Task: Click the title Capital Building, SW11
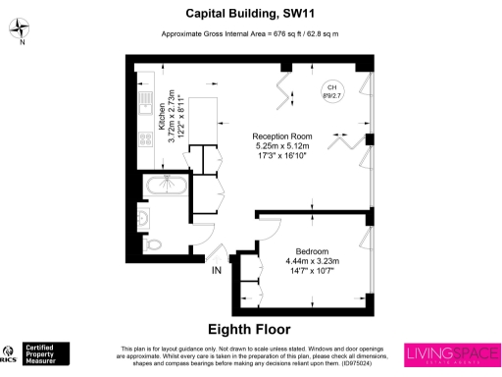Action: pyautogui.click(x=251, y=14)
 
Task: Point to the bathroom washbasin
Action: pyautogui.click(x=144, y=217)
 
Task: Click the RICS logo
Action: pyautogui.click(x=11, y=353)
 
